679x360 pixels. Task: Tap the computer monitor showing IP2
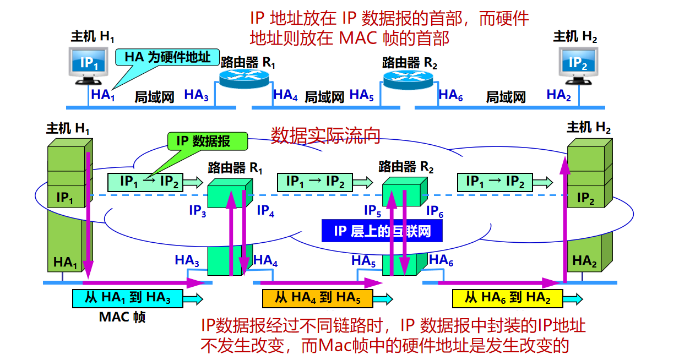click(x=578, y=62)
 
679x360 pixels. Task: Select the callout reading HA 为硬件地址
click(x=167, y=57)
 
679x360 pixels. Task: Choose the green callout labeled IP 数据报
click(x=207, y=141)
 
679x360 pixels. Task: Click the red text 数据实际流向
click(x=325, y=135)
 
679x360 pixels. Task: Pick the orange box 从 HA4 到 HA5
click(x=317, y=298)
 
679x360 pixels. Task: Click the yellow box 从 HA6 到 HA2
click(x=507, y=298)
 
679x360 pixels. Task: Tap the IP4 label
click(x=265, y=210)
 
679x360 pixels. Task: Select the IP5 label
click(x=373, y=210)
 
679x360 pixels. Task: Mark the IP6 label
click(x=435, y=210)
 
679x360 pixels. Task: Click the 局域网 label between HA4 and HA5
click(x=324, y=97)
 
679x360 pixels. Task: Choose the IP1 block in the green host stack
click(x=65, y=198)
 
